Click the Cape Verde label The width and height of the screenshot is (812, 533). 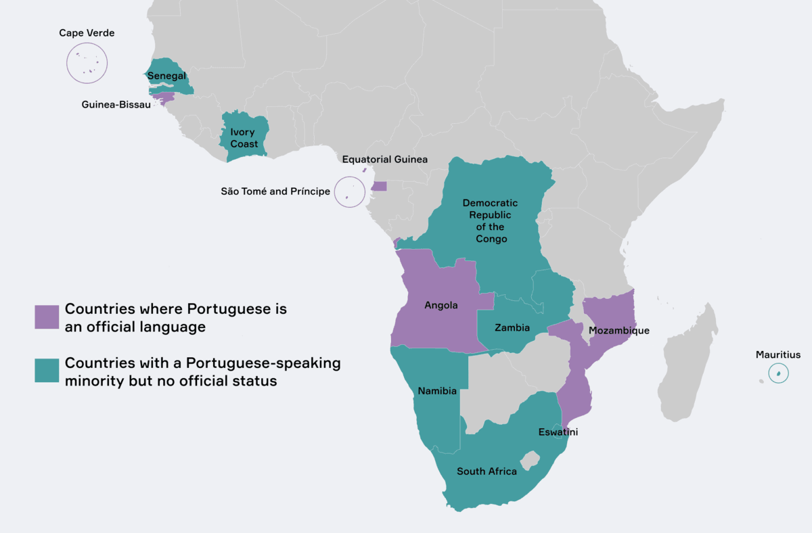(x=87, y=32)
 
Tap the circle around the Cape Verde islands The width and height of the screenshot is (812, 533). (x=87, y=63)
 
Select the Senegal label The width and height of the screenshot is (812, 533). (x=166, y=76)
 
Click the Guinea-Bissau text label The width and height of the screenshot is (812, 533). (x=116, y=105)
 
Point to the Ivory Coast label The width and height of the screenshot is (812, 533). (x=244, y=138)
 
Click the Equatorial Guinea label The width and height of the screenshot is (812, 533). (x=384, y=160)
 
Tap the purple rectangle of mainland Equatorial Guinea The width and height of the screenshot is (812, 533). (x=379, y=186)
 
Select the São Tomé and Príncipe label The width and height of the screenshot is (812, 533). (x=275, y=191)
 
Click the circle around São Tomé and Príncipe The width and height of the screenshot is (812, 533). (x=349, y=191)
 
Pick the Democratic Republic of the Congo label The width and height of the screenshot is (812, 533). (x=491, y=221)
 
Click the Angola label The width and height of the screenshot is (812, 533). (x=441, y=305)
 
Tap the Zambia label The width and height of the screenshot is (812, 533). (x=512, y=327)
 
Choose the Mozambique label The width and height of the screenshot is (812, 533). (x=618, y=330)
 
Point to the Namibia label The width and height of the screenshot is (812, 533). (x=437, y=391)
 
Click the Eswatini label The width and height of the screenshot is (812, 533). (x=558, y=432)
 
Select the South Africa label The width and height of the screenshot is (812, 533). (x=487, y=471)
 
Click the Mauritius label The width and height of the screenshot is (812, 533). (x=778, y=354)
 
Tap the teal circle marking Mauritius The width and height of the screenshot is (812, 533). (x=779, y=373)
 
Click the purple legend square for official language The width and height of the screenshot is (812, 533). (x=47, y=317)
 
